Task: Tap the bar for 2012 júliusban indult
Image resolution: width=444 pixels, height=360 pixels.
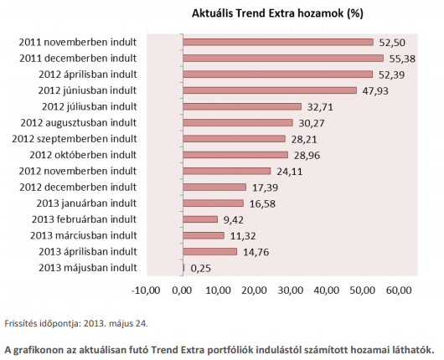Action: pyautogui.click(x=241, y=106)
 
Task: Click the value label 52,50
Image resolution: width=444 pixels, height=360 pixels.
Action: pyautogui.click(x=392, y=42)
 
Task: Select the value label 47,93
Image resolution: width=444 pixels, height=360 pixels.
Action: pyautogui.click(x=374, y=90)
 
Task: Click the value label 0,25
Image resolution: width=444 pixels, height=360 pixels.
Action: pyautogui.click(x=199, y=268)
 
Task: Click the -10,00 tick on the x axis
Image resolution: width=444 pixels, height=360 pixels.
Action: pyautogui.click(x=146, y=290)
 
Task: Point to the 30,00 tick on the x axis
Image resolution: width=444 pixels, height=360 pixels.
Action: pyautogui.click(x=291, y=290)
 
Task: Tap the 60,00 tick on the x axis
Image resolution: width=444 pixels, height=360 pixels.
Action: pyautogui.click(x=399, y=290)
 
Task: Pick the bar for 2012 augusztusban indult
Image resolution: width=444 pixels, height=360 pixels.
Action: pyautogui.click(x=237, y=122)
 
